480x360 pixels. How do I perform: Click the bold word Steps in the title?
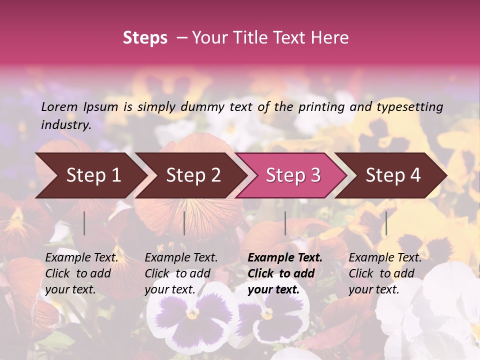pyautogui.click(x=145, y=38)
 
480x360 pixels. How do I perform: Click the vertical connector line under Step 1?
pyautogui.click(x=84, y=223)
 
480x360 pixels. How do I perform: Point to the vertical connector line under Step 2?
pyautogui.click(x=184, y=223)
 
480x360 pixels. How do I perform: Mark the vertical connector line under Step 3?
pyautogui.click(x=285, y=223)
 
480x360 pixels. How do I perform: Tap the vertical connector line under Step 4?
pyautogui.click(x=386, y=223)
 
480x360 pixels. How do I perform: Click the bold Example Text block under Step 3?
pyautogui.click(x=284, y=273)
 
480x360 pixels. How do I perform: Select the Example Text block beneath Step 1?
pyautogui.click(x=81, y=273)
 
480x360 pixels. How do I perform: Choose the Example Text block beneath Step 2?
pyautogui.click(x=181, y=273)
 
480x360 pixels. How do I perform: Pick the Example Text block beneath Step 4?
pyautogui.click(x=385, y=273)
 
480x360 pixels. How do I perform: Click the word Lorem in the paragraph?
pyautogui.click(x=59, y=107)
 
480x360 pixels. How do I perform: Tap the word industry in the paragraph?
pyautogui.click(x=65, y=124)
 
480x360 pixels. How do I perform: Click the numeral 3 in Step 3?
pyautogui.click(x=315, y=175)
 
